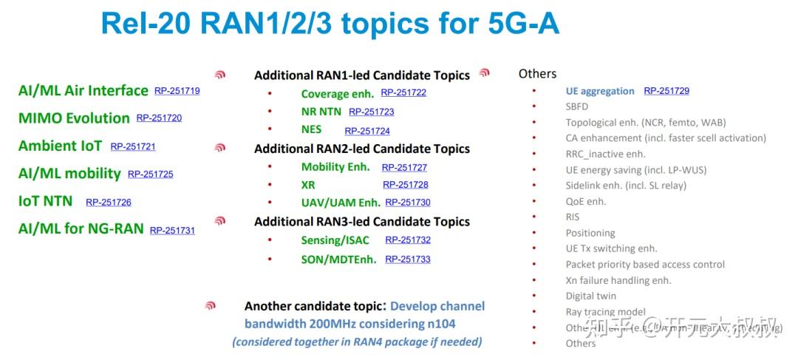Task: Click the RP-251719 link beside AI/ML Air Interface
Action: coord(177,91)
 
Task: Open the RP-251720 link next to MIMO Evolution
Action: coord(159,118)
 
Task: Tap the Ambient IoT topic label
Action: coord(60,146)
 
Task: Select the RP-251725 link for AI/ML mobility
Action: coord(150,174)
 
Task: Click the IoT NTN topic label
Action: coord(45,201)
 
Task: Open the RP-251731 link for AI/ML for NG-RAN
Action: coord(172,230)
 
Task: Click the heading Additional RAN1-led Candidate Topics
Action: coord(362,75)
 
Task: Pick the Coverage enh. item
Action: coord(336,94)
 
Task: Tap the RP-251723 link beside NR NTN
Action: coord(371,112)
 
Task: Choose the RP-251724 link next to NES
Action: coord(366,131)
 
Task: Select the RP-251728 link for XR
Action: coord(405,184)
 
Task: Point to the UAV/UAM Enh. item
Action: coord(341,202)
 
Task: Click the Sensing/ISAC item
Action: coord(335,240)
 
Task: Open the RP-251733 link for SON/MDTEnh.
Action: coord(407,259)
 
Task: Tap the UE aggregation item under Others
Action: coord(599,91)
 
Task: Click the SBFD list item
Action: coord(576,106)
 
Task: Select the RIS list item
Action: coord(573,217)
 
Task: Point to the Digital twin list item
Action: coord(590,296)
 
